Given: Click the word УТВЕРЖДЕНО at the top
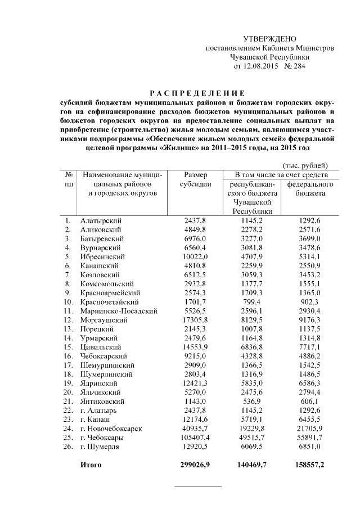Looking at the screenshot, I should pyautogui.click(x=269, y=39).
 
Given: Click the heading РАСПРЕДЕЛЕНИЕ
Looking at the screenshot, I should pyautogui.click(x=197, y=93).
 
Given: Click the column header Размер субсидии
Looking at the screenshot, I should pyautogui.click(x=195, y=179).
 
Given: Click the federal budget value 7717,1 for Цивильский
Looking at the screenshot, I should pyautogui.click(x=310, y=347).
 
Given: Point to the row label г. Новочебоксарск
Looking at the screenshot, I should pyautogui.click(x=111, y=429).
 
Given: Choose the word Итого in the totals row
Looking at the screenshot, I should pyautogui.click(x=90, y=465).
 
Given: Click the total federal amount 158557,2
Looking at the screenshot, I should pyautogui.click(x=309, y=465).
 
